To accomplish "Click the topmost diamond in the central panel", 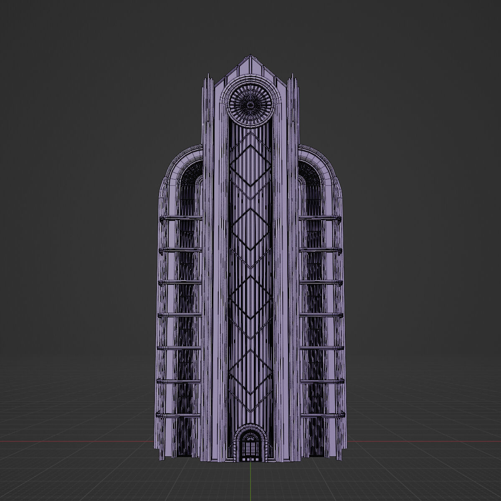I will (250, 165).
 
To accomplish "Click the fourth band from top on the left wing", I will (180, 315).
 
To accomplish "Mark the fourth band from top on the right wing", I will (321, 315).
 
